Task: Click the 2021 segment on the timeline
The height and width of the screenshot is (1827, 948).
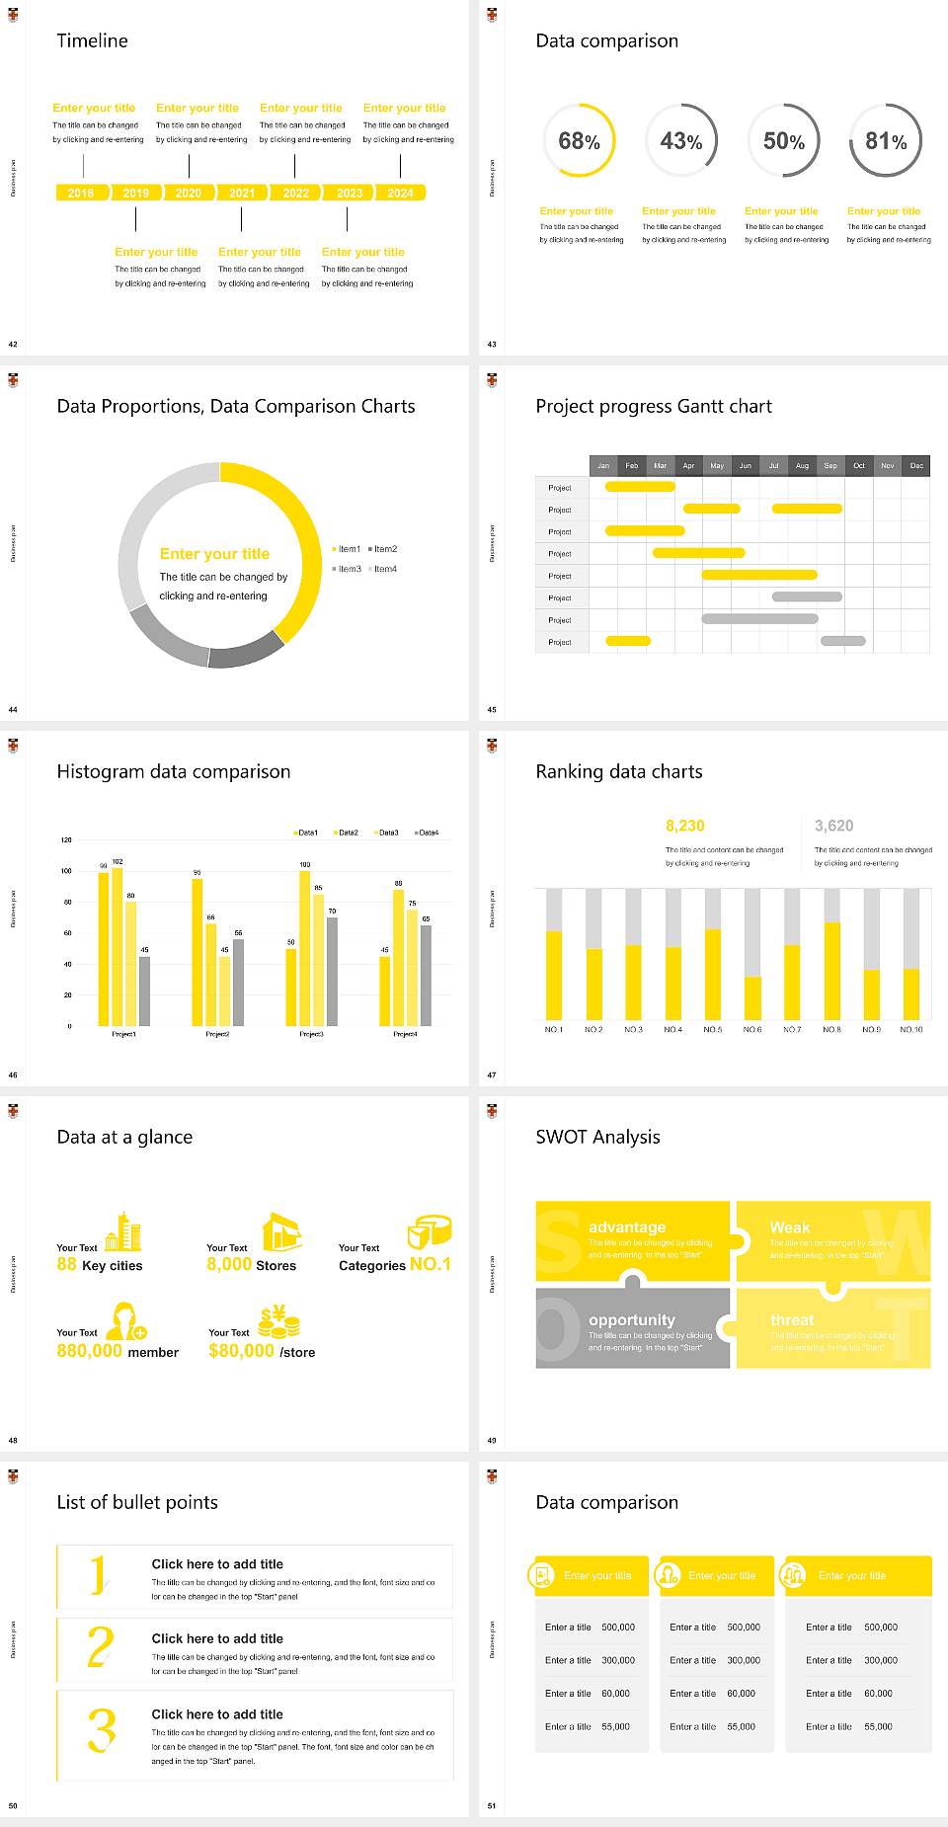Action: point(242,194)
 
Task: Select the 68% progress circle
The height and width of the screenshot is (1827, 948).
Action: point(579,141)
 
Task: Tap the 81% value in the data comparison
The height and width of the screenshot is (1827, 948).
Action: point(886,141)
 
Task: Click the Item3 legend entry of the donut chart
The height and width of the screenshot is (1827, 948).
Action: point(348,570)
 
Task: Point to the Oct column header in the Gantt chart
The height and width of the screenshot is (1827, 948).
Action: point(859,465)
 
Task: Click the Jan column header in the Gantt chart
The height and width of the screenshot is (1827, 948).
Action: point(603,465)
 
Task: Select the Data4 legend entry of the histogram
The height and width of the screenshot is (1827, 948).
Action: point(428,833)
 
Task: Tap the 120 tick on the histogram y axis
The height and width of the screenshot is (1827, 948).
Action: point(66,840)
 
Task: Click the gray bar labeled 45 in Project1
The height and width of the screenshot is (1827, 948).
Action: point(144,990)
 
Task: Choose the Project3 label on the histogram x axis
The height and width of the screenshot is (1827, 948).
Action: point(311,1034)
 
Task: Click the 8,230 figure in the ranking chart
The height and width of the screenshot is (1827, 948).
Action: point(685,826)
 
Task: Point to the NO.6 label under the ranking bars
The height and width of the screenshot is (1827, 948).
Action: point(752,1029)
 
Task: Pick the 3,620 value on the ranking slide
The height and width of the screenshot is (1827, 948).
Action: point(833,826)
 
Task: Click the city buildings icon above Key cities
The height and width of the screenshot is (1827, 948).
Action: point(123,1231)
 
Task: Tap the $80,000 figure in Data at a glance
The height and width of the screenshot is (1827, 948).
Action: point(241,1351)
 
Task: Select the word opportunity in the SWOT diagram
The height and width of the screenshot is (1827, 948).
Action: point(632,1320)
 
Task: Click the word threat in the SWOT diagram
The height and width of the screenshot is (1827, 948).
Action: point(792,1320)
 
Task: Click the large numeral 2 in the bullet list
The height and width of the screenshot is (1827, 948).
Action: point(100,1647)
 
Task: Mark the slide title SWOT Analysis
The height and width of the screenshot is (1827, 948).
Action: point(597,1137)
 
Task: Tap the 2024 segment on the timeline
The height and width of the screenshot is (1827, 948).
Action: point(400,194)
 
